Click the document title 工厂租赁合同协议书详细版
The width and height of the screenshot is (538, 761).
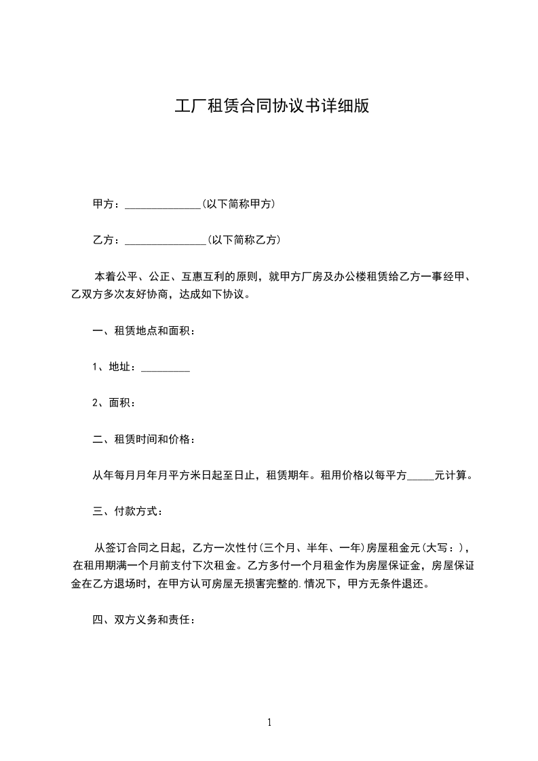pos(272,107)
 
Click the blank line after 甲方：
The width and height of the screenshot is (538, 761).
pos(163,205)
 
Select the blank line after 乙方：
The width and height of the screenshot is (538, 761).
pos(166,241)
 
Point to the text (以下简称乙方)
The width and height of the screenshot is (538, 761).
pos(245,239)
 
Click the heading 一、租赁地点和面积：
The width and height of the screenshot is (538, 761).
pos(145,332)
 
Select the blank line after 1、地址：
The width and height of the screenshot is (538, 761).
pos(165,368)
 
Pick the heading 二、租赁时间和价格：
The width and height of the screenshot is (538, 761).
pos(145,440)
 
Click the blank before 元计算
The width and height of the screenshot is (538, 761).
pos(421,477)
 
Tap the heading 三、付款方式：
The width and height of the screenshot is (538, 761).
pos(128,511)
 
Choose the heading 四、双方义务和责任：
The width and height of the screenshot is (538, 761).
pos(145,620)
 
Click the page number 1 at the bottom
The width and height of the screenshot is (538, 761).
pos(269,722)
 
